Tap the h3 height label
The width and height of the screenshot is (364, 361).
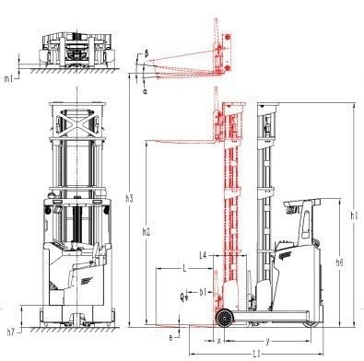coord(130,199)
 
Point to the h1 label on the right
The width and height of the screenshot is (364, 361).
coord(355,216)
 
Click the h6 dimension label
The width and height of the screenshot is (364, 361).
coord(340,262)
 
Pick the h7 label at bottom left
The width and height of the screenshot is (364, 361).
coord(11,331)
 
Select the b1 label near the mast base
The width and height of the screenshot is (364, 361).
coord(203,293)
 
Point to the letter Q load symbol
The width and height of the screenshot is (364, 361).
coord(182,296)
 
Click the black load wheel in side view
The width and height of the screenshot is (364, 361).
coord(222,320)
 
